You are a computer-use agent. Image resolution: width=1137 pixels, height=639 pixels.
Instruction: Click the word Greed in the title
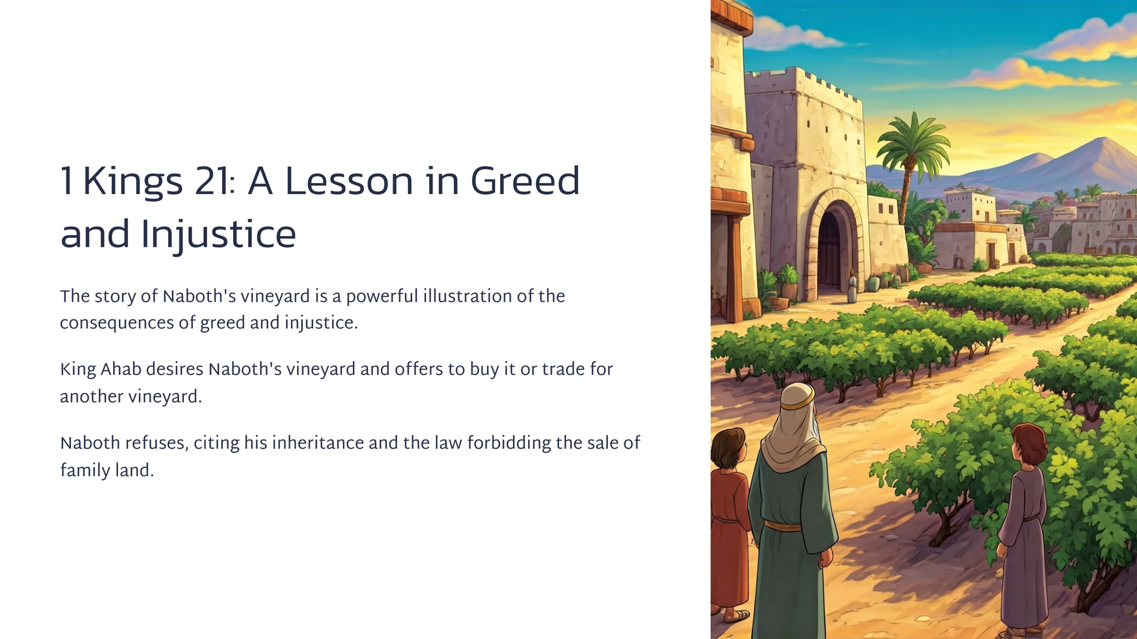pos(525,181)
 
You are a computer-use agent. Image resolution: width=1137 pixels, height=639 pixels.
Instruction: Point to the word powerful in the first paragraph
pos(382,297)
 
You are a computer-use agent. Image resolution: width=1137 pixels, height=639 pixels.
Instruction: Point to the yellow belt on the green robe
pos(783,525)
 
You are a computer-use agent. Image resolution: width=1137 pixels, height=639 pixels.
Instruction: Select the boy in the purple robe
pos(1023,527)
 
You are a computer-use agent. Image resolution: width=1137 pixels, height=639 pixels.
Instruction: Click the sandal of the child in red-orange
pos(736,615)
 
